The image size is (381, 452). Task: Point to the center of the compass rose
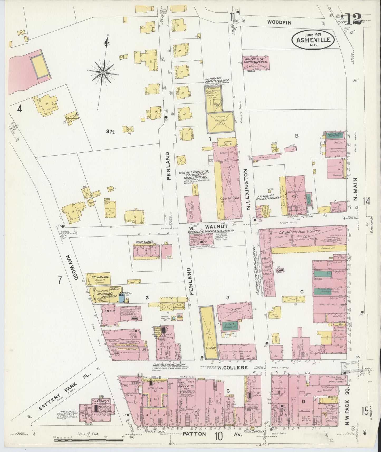click(x=103, y=72)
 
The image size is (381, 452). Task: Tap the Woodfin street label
click(x=279, y=23)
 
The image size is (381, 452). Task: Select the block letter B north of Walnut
click(x=296, y=136)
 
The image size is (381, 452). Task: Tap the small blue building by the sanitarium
click(x=122, y=298)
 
